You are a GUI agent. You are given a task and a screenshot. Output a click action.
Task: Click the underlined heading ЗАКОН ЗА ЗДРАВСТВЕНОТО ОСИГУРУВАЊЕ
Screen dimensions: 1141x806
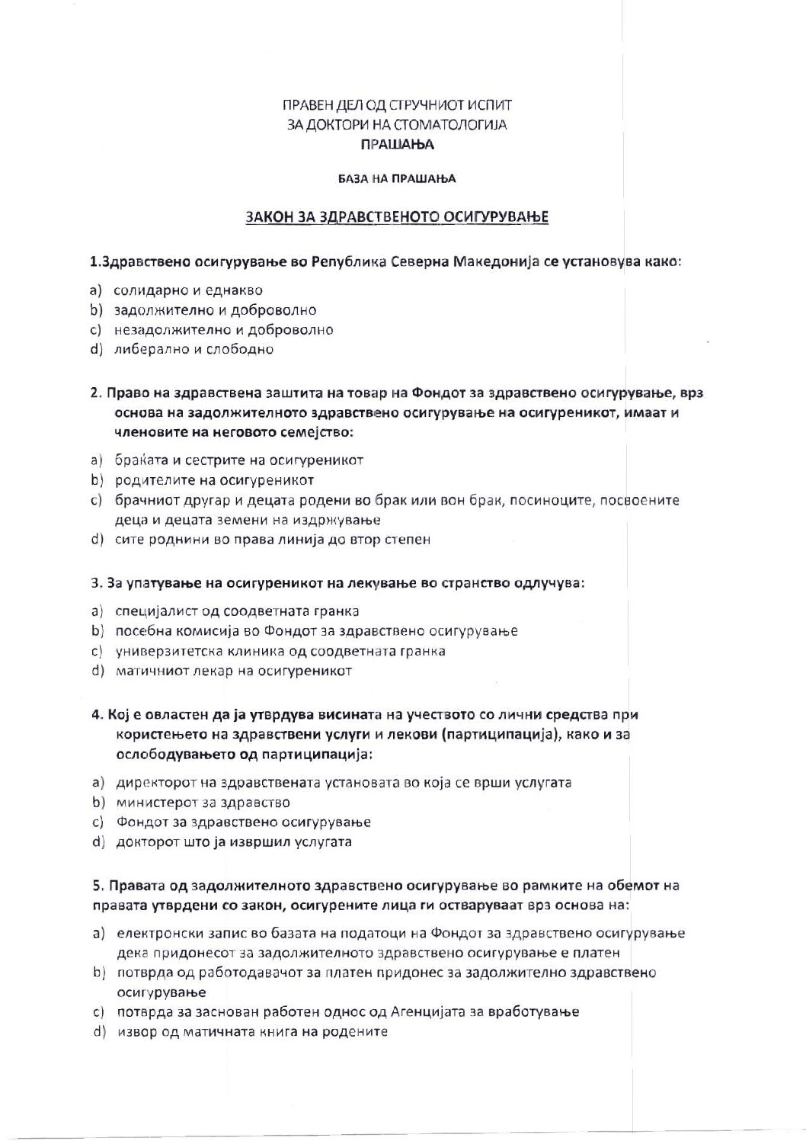click(397, 217)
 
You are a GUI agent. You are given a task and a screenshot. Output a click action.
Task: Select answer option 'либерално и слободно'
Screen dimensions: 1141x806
click(194, 350)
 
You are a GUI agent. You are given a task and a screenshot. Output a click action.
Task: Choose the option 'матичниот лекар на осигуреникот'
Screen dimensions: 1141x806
click(233, 671)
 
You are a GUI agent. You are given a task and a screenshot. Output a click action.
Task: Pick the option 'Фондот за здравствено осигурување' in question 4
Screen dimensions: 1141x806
click(243, 822)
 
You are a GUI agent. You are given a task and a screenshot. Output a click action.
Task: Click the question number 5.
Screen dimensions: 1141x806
click(96, 886)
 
